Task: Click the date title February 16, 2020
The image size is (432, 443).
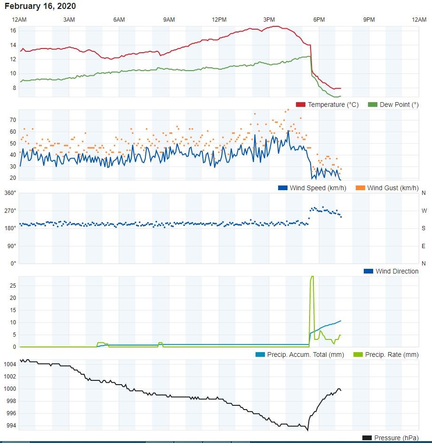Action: pos(40,6)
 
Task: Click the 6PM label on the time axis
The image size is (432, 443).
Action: pos(319,19)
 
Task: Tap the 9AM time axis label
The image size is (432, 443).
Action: pos(169,19)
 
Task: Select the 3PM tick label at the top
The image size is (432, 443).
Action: pos(269,19)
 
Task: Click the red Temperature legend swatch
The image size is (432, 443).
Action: pos(300,105)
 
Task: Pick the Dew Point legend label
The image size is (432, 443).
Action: pos(399,105)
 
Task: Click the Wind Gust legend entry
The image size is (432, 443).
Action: pos(387,188)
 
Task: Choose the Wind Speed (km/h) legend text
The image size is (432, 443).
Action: pos(318,188)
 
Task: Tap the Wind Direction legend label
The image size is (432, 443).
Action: pos(397,271)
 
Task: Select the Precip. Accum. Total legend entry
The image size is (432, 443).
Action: pos(300,354)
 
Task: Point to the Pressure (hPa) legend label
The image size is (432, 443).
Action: pos(396,438)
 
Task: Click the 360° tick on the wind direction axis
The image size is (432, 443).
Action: pos(10,193)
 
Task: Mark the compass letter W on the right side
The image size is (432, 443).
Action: pos(424,211)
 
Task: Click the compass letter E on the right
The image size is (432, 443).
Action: pos(424,246)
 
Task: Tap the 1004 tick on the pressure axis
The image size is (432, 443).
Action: pos(10,364)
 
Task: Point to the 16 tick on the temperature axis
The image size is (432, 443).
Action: pos(13,31)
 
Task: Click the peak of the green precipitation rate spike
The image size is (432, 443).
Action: pos(312,277)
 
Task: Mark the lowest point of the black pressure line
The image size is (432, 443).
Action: pos(307,430)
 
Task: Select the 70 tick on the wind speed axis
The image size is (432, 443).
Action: pos(13,120)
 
